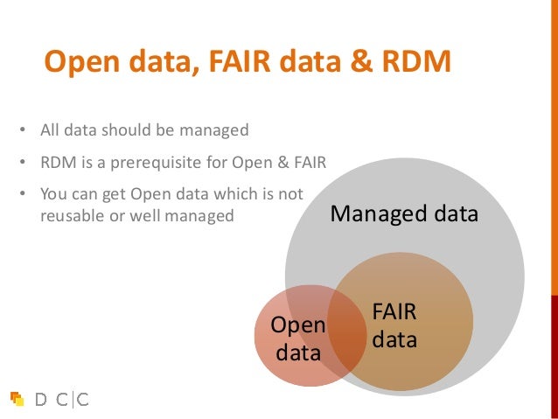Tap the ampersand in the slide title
[x=359, y=63]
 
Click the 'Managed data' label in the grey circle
[x=404, y=213]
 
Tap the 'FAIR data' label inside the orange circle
[x=394, y=325]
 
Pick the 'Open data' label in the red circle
[x=298, y=339]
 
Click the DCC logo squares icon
[x=17, y=399]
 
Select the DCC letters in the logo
[x=61, y=400]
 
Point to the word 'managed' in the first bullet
[x=214, y=130]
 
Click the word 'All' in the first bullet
[x=51, y=130]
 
